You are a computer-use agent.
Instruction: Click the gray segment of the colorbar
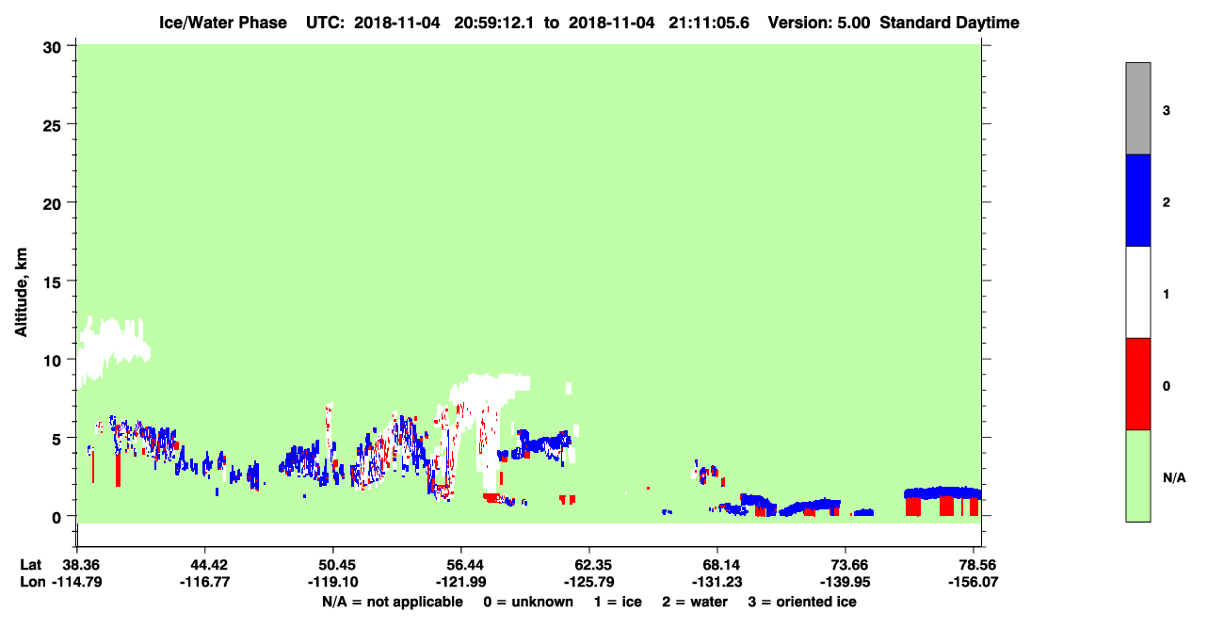point(1137,108)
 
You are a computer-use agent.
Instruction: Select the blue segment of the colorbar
point(1137,200)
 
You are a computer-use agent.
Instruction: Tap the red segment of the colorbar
point(1137,384)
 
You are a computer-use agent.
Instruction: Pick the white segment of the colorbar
point(1137,292)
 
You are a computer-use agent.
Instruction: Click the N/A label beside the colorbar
point(1174,477)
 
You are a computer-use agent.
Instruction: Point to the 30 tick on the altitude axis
point(72,46)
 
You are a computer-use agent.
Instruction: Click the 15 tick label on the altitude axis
point(52,282)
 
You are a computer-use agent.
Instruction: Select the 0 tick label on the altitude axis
point(56,517)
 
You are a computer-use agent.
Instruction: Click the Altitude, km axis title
point(21,293)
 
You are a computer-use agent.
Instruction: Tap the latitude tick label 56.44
point(461,564)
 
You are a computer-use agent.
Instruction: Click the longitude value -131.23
point(717,582)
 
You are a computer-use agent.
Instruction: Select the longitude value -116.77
point(205,582)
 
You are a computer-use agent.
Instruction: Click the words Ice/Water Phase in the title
point(223,23)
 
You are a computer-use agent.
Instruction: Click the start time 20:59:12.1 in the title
point(493,23)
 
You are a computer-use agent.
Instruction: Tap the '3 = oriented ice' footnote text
point(802,602)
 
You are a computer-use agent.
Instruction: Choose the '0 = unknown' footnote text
point(528,602)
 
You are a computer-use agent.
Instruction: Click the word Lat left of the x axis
point(30,564)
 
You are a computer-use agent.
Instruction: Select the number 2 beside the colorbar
point(1166,202)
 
